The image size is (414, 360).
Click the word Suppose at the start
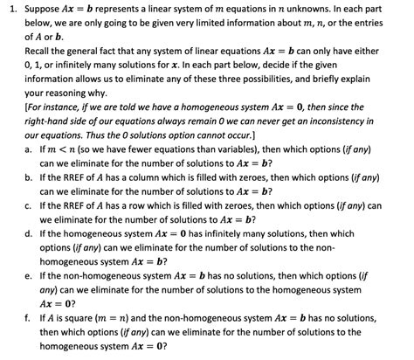tap(44, 9)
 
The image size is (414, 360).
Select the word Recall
tap(41, 52)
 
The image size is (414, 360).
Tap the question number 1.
tap(7, 9)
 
